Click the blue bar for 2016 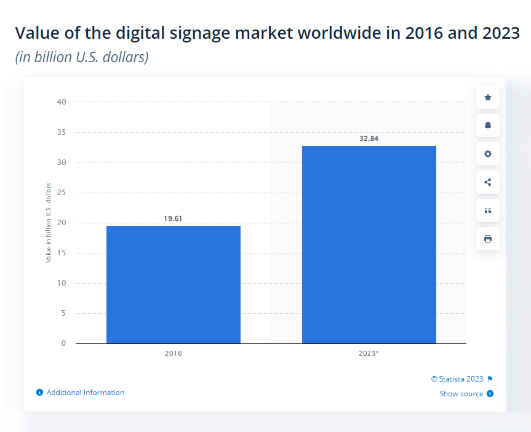point(174,284)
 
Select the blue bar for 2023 point(369,245)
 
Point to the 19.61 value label point(173,218)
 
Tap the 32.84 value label point(369,138)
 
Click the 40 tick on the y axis point(62,102)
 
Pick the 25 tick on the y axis point(62,193)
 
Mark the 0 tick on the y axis point(63,343)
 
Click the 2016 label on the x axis point(174,353)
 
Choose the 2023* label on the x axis point(369,353)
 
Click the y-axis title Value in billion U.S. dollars point(49,223)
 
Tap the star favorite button point(488,98)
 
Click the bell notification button point(488,126)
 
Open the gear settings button point(488,154)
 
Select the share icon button point(488,182)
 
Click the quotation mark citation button point(488,210)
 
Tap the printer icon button point(488,239)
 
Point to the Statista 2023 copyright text point(457,379)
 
